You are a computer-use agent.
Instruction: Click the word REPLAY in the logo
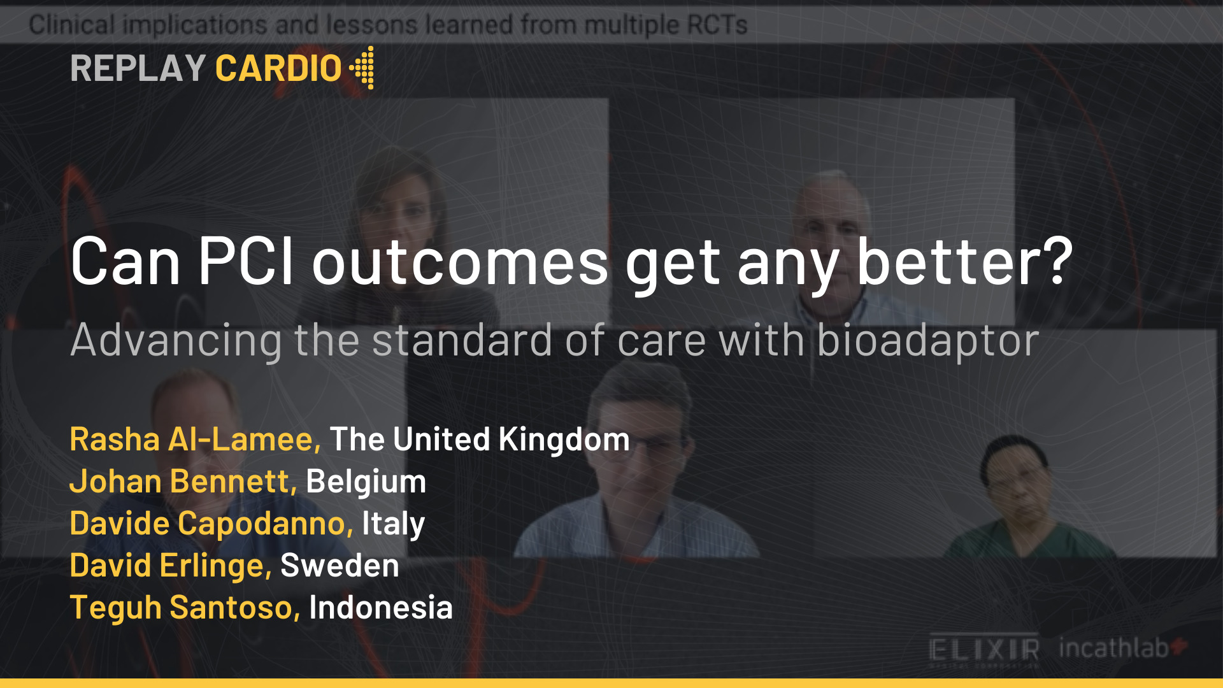138,68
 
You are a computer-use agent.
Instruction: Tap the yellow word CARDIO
278,68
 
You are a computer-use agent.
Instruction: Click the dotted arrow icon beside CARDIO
362,68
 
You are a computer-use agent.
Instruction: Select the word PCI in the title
246,261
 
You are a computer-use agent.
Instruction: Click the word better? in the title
964,261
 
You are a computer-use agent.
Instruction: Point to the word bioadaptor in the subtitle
927,340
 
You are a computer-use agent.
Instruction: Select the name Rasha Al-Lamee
195,439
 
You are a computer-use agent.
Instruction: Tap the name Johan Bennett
183,481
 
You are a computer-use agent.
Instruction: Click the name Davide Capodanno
211,523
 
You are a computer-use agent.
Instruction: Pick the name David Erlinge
171,565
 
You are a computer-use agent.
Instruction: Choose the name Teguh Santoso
185,607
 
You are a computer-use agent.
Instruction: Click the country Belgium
366,481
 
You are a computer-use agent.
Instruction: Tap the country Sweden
340,565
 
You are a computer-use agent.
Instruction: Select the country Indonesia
380,607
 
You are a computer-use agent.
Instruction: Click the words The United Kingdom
480,439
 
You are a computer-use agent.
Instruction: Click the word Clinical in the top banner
72,25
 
